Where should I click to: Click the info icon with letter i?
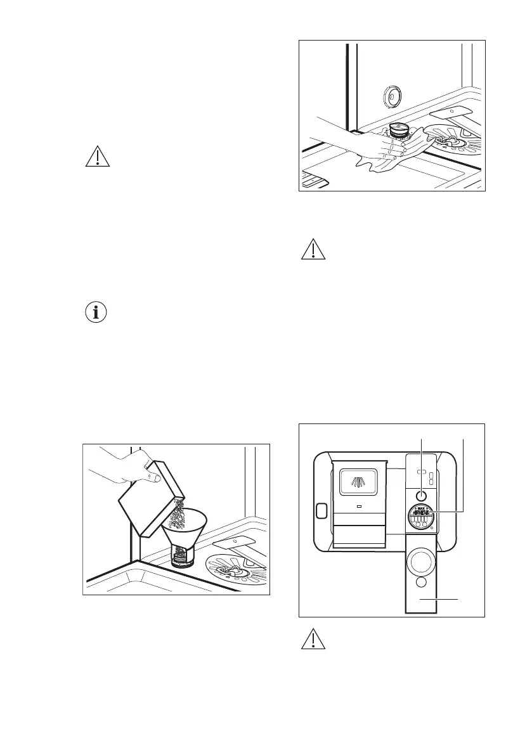[97, 313]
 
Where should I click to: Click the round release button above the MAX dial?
[420, 495]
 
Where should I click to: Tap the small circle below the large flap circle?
[420, 583]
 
